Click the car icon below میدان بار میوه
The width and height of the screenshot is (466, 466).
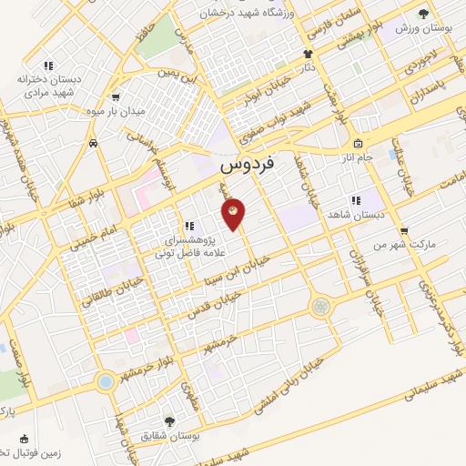point(94,143)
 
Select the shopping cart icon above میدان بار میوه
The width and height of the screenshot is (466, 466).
point(116,97)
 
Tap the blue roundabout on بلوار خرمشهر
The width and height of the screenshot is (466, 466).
point(106,380)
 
